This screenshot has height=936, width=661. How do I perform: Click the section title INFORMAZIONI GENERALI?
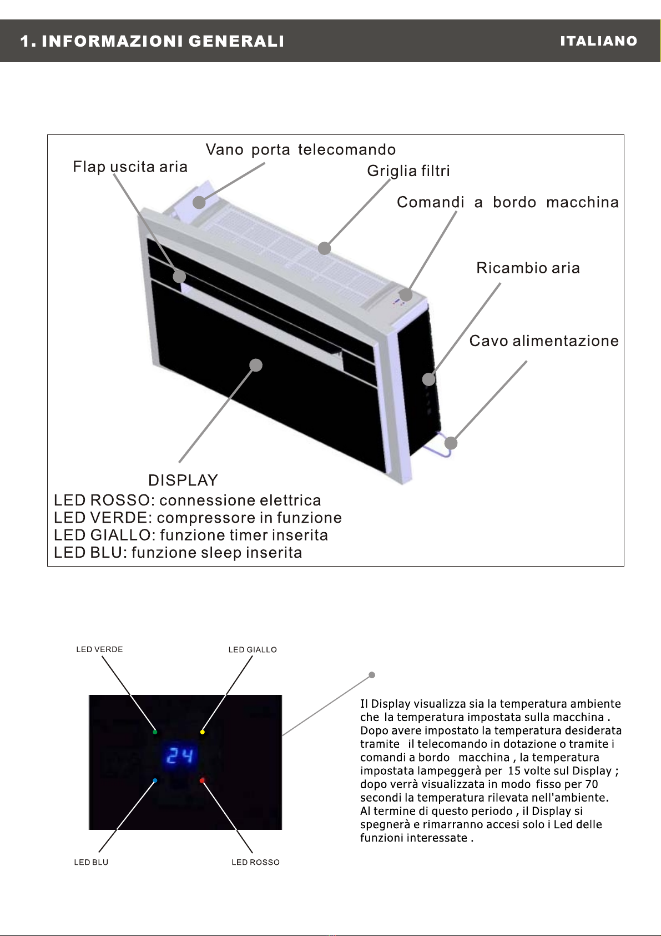click(x=163, y=41)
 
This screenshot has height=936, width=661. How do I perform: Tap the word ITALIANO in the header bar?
click(x=598, y=41)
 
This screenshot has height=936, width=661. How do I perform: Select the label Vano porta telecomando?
click(x=301, y=149)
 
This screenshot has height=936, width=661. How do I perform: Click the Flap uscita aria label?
click(x=130, y=167)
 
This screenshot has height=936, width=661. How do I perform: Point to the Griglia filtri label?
click(x=408, y=171)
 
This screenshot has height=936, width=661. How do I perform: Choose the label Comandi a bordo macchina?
click(x=507, y=202)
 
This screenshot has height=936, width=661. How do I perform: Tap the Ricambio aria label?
click(x=528, y=268)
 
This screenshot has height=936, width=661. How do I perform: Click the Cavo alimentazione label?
click(x=544, y=341)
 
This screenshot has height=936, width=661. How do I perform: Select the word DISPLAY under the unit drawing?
click(x=183, y=480)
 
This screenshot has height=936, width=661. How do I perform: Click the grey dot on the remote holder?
click(x=199, y=202)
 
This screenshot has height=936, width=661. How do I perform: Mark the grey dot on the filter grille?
click(x=325, y=248)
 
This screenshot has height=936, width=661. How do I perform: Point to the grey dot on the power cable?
click(x=451, y=443)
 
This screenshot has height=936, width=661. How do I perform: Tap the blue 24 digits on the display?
click(x=180, y=755)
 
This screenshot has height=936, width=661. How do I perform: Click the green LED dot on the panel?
click(x=155, y=732)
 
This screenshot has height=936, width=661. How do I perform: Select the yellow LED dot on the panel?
click(x=203, y=732)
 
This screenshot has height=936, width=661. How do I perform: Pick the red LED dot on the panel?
click(x=203, y=780)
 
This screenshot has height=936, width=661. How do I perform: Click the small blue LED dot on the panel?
click(x=155, y=780)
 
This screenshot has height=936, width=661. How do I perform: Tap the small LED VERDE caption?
click(x=99, y=649)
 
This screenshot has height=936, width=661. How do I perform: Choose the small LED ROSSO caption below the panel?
click(x=255, y=862)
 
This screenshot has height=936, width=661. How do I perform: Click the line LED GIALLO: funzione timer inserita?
click(x=191, y=535)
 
